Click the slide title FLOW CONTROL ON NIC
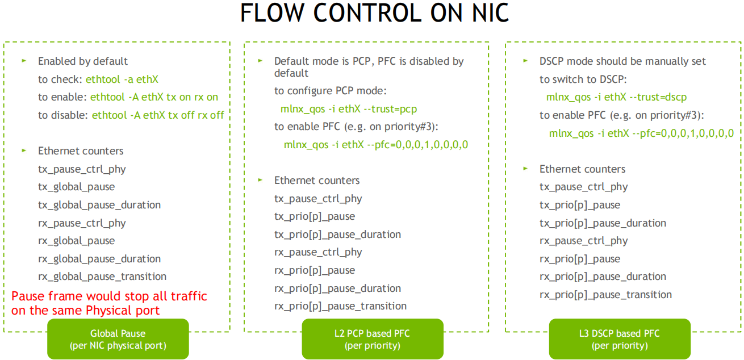click(374, 13)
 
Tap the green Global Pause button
click(118, 339)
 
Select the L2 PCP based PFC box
click(373, 339)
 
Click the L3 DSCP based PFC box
click(620, 339)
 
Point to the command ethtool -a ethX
click(122, 79)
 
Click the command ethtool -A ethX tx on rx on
click(154, 97)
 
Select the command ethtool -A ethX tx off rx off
click(158, 115)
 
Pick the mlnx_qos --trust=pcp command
click(348, 109)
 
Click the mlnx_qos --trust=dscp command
click(616, 97)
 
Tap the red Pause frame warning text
click(109, 303)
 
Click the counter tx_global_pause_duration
click(99, 205)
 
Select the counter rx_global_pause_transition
click(102, 277)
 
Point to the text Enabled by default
click(83, 61)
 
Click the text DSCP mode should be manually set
click(622, 61)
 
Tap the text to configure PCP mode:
click(331, 91)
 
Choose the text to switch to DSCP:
click(583, 79)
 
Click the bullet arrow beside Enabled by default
click(24, 61)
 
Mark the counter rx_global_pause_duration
click(99, 259)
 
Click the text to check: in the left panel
click(60, 79)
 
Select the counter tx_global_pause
click(77, 187)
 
